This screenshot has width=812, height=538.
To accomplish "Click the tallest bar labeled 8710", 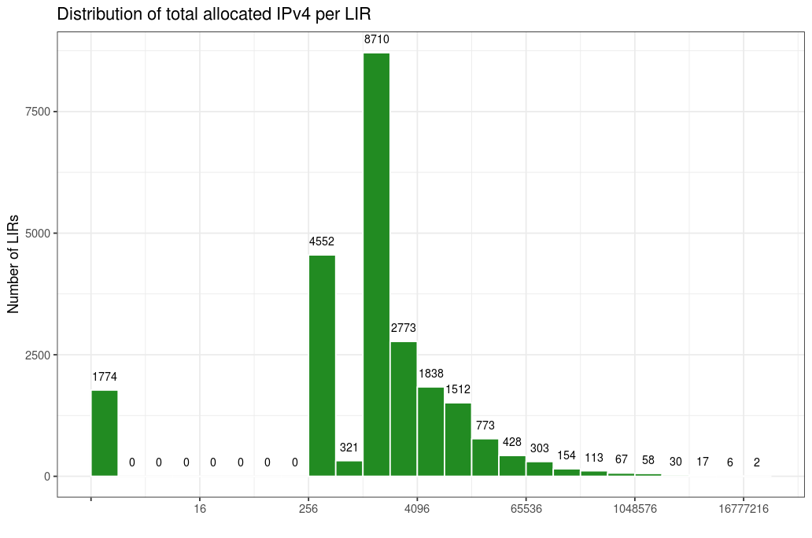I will click(376, 264).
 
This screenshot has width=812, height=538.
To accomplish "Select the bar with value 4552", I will click(322, 366).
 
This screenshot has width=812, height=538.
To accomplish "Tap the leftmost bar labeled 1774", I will click(105, 433).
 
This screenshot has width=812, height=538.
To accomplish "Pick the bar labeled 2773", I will click(404, 409).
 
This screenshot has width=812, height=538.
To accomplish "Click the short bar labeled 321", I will click(349, 468).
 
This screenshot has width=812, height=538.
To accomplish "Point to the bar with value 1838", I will click(430, 432).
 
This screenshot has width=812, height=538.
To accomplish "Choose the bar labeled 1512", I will click(458, 440).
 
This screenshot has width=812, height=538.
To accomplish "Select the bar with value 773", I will click(485, 457).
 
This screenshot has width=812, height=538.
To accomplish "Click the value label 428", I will click(512, 442).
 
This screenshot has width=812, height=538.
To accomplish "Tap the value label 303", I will click(540, 448).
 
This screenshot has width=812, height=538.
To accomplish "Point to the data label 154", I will click(567, 455).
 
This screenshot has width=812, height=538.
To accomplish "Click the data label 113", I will click(594, 458).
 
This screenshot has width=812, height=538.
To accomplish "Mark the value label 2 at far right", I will click(757, 462).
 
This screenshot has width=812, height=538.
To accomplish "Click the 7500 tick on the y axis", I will click(37, 112).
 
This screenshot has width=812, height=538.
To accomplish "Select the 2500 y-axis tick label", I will click(37, 355).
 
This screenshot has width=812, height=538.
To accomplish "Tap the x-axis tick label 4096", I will click(417, 510).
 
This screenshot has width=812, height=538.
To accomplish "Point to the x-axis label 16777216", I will click(743, 510).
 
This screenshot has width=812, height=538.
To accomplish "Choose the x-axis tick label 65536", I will click(526, 510).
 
